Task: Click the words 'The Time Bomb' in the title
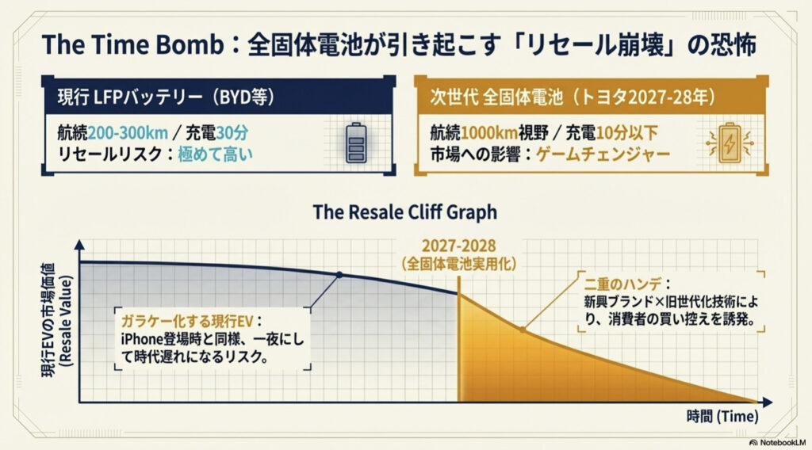[132, 44]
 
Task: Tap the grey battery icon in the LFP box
[356, 143]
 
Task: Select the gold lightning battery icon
[730, 143]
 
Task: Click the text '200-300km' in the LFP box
[128, 133]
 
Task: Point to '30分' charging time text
[232, 133]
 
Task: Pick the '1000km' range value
[488, 133]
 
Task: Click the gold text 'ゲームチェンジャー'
[603, 154]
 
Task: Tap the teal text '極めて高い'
[216, 154]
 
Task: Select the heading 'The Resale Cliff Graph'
[405, 212]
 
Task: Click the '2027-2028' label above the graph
[458, 246]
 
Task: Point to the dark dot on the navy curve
[339, 275]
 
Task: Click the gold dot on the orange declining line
[523, 329]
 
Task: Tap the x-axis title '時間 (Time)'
[722, 417]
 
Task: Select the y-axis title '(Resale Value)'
[67, 321]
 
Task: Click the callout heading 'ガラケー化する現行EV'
[187, 321]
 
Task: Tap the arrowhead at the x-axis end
[768, 402]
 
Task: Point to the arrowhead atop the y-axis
[79, 245]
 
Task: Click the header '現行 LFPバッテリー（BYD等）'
[166, 97]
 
